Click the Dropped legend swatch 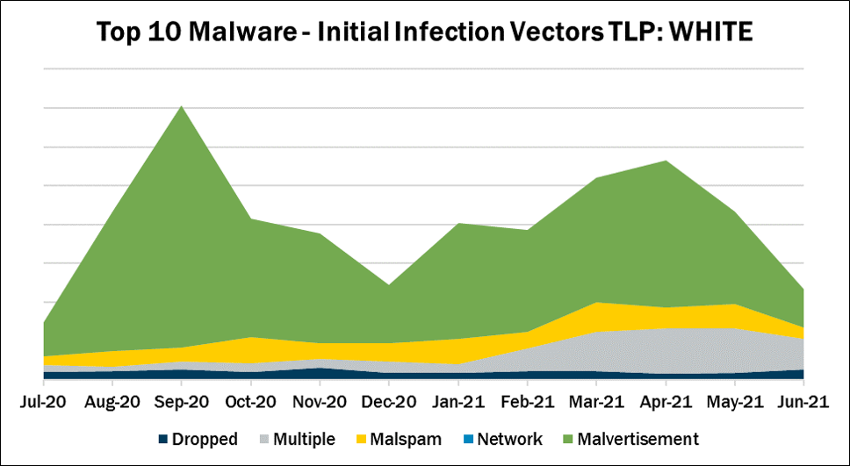click(164, 440)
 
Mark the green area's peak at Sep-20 click(181, 107)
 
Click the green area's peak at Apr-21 click(666, 161)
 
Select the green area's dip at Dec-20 click(389, 285)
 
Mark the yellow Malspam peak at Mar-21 click(596, 303)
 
